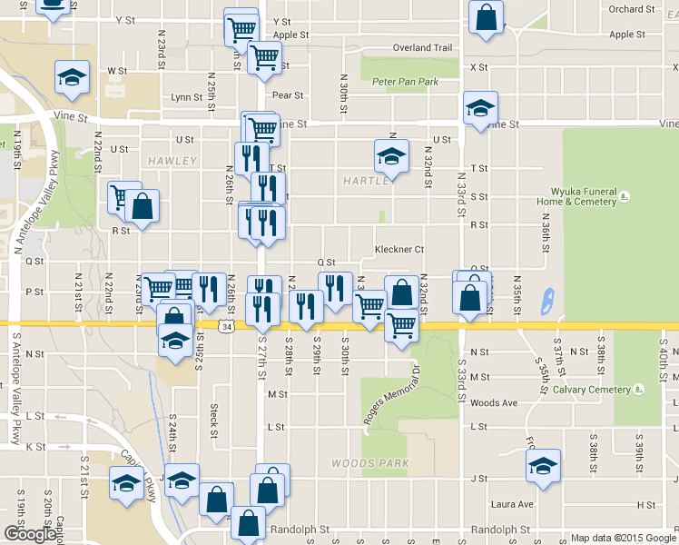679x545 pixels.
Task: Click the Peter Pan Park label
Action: click(x=405, y=82)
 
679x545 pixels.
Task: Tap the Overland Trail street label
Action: click(x=422, y=48)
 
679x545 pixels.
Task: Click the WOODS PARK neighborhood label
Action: click(x=369, y=463)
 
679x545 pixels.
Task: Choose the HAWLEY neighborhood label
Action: click(x=172, y=161)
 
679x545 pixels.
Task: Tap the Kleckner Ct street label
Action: click(x=399, y=249)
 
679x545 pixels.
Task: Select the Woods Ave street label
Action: click(x=494, y=403)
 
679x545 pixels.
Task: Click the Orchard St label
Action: click(x=632, y=9)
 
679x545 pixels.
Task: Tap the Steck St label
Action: click(x=214, y=419)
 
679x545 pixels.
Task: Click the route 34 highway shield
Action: click(x=226, y=325)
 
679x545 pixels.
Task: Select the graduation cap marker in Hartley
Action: click(x=391, y=155)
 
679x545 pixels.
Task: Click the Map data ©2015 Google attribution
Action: click(x=623, y=538)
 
